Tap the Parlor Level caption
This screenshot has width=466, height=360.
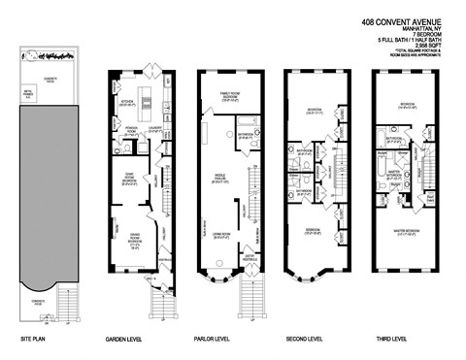(220, 340)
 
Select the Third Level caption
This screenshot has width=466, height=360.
(394, 340)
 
